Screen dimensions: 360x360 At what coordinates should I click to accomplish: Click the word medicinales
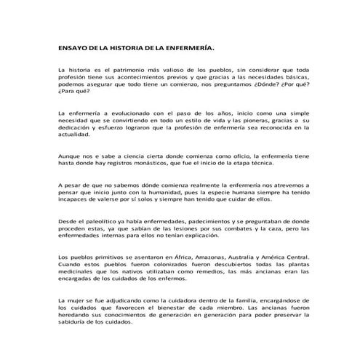76,274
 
